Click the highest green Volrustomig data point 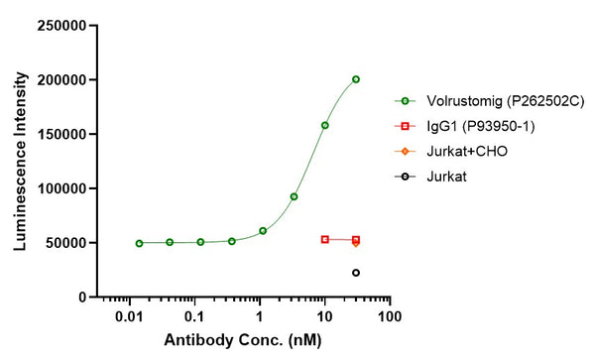(356, 79)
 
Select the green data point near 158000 (324, 125)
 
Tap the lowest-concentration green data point (139, 243)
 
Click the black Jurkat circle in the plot (356, 273)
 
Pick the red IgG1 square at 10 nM (324, 239)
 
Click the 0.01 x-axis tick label (130, 316)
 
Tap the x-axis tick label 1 (260, 316)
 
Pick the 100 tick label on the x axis (390, 316)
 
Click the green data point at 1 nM (263, 231)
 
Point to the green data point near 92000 (294, 196)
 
